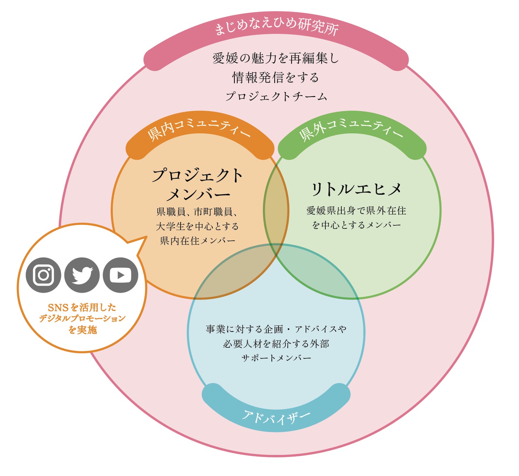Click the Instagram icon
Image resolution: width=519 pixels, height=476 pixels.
pos(43,275)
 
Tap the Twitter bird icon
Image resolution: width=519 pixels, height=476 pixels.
pos(82,275)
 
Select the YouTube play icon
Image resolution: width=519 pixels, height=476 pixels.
pos(121,275)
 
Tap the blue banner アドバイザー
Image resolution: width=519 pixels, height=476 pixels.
pos(276,416)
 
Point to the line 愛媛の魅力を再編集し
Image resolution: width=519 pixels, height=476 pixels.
pos(276,58)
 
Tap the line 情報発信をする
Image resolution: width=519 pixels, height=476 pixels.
pos(276,77)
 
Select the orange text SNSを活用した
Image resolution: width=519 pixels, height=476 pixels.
pos(82,307)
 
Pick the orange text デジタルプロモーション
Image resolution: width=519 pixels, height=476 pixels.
pos(82,318)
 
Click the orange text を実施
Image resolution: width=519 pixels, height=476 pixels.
pos(83,330)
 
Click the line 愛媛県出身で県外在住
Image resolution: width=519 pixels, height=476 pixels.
pos(356,211)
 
